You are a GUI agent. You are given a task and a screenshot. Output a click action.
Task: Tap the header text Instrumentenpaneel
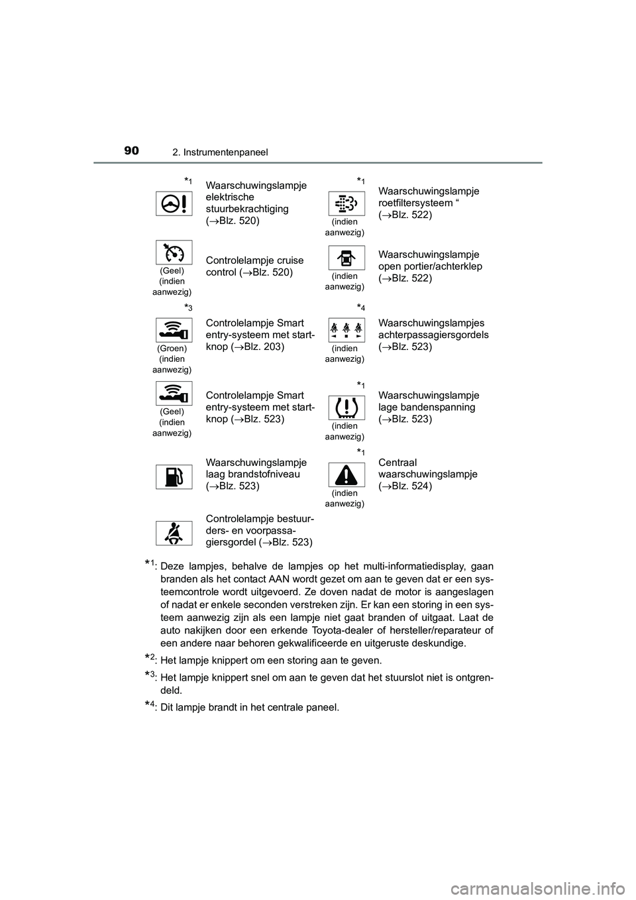229,152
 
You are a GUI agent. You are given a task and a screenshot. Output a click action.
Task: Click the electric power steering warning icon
174,203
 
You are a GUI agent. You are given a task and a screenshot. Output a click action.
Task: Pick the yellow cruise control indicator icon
174,253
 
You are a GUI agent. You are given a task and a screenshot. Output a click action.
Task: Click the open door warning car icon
346,258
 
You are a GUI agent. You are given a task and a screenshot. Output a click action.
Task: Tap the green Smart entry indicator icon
174,329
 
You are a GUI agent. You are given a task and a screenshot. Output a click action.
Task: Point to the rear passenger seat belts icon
346,329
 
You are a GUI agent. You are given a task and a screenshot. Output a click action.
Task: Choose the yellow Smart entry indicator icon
174,393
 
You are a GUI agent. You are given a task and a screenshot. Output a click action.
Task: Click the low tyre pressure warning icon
346,407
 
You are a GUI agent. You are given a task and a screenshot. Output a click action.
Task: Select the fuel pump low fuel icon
174,477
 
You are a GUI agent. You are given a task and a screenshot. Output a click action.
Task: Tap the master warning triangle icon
346,475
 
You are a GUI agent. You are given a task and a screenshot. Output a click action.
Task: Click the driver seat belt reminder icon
174,533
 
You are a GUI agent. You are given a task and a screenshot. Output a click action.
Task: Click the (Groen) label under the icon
172,348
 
